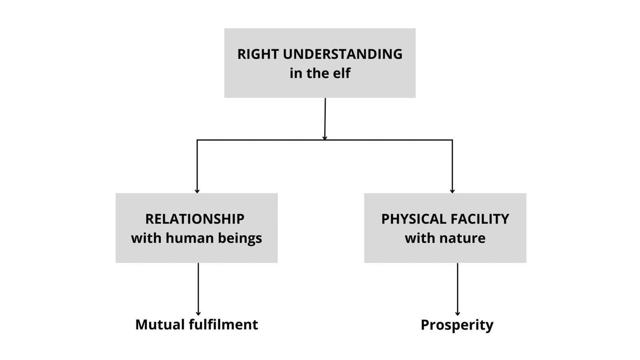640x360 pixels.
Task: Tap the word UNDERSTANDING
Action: click(x=342, y=54)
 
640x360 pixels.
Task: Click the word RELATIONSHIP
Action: click(x=195, y=219)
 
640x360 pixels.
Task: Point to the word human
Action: click(x=190, y=238)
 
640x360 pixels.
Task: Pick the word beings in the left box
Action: click(x=240, y=239)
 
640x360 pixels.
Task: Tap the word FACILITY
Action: click(x=480, y=219)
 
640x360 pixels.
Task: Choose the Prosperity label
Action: click(x=457, y=325)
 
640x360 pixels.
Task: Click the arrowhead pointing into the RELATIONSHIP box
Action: click(x=197, y=191)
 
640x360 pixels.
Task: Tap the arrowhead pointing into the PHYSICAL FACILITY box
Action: click(x=452, y=191)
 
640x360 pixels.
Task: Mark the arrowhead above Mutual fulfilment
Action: click(x=198, y=313)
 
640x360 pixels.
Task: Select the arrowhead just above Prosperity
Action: click(x=458, y=313)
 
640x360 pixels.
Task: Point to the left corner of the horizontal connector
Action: click(x=197, y=140)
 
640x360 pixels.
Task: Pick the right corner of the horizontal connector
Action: click(x=452, y=140)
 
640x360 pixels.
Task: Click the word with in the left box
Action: click(x=146, y=238)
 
